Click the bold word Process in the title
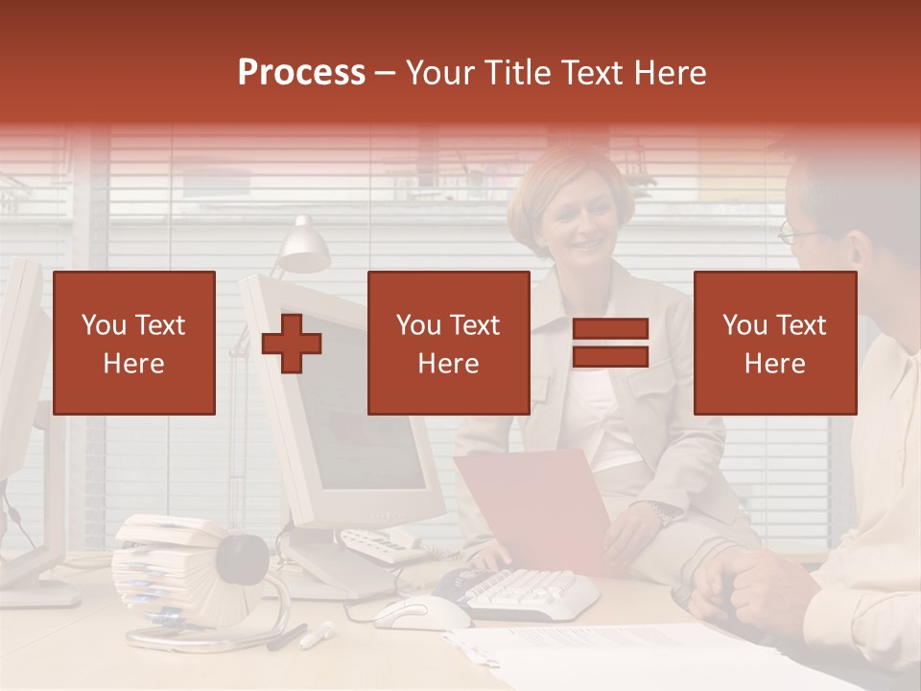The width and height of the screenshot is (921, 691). [301, 72]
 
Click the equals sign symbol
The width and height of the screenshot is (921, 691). [610, 344]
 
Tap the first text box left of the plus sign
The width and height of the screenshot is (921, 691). [134, 344]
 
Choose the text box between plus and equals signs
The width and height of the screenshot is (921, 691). [448, 344]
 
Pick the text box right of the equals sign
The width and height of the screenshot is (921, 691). [774, 344]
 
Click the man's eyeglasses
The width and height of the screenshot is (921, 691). [796, 231]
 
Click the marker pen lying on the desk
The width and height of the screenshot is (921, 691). [316, 634]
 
